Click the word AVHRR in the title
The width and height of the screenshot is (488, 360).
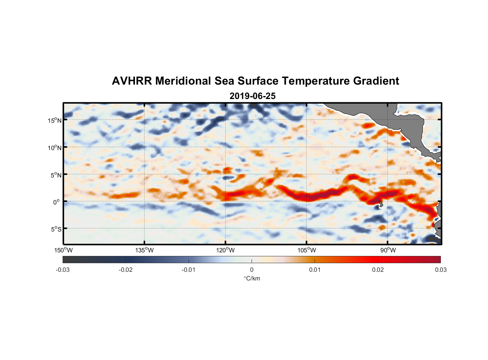[132, 81]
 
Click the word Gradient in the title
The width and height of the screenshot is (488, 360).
[376, 81]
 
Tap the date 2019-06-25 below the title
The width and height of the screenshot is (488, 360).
[253, 96]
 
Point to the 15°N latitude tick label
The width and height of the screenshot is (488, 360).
[55, 120]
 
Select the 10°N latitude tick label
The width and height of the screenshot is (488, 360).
[55, 148]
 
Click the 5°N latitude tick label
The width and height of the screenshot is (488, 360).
[56, 175]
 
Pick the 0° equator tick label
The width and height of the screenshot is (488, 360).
[57, 202]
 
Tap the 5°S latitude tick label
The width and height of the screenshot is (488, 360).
[56, 229]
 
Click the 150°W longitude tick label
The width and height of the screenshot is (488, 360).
[64, 250]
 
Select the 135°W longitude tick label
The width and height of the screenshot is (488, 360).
[145, 250]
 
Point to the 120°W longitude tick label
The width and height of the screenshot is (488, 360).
[226, 250]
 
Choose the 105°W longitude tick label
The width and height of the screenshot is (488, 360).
[307, 250]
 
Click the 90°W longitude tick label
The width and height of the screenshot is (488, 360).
[388, 250]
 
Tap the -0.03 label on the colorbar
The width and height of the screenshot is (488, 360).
[63, 270]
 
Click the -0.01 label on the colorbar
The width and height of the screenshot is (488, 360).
[189, 270]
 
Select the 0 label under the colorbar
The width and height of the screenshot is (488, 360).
[252, 270]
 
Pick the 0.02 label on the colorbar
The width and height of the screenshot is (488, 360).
[378, 270]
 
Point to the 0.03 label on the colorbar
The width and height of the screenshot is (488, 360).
[440, 270]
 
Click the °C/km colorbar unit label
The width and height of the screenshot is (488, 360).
[252, 278]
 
